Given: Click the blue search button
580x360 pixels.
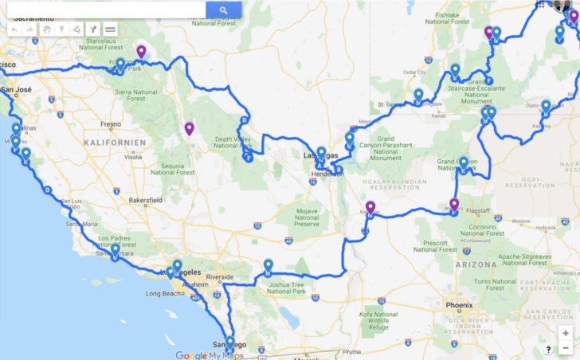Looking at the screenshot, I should point(224,10).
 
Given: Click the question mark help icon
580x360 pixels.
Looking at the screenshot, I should point(549,349).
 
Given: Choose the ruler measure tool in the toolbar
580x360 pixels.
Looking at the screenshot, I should point(109,29).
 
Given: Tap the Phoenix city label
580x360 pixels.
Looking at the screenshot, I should point(459,305).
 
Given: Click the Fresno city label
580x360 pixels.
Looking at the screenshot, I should point(111,124).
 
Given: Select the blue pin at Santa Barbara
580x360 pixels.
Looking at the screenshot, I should point(116,251).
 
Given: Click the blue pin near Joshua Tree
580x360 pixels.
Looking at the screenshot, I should point(268,267).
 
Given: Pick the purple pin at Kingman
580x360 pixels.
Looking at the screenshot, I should point(370,208).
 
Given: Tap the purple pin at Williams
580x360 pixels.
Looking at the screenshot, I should point(454,205).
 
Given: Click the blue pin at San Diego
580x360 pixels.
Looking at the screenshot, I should point(230,343).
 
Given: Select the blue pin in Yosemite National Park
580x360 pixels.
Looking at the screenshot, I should point(120,65).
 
